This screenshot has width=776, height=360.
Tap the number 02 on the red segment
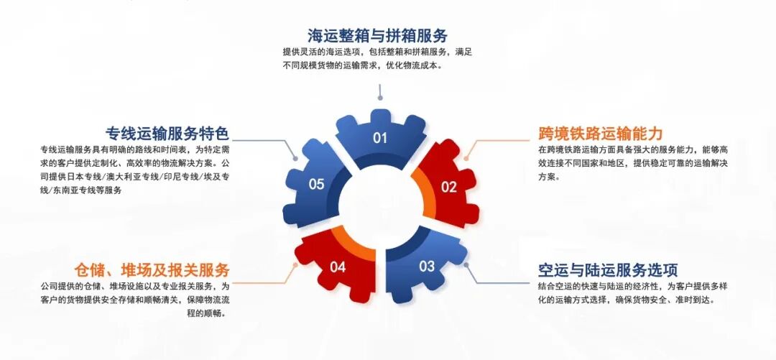click(x=448, y=188)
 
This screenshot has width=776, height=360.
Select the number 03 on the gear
click(x=427, y=267)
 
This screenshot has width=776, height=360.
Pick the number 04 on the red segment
click(x=338, y=268)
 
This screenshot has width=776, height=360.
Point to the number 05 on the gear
click(x=317, y=185)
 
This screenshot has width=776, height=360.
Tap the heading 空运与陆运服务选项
click(x=608, y=270)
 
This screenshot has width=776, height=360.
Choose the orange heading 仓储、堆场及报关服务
click(x=152, y=270)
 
